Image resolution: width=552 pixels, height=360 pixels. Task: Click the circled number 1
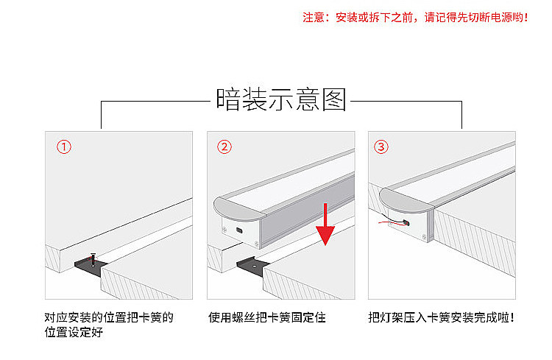click(x=65, y=147)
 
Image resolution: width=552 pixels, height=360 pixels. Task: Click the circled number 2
click(x=224, y=147)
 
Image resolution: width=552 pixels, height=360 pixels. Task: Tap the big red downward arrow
click(x=325, y=225)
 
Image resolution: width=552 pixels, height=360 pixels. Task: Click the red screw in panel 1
click(x=93, y=259)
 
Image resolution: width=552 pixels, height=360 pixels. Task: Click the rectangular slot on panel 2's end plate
click(x=239, y=230)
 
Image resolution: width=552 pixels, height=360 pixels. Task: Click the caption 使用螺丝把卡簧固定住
click(x=266, y=318)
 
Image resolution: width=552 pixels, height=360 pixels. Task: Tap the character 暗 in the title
click(x=228, y=99)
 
